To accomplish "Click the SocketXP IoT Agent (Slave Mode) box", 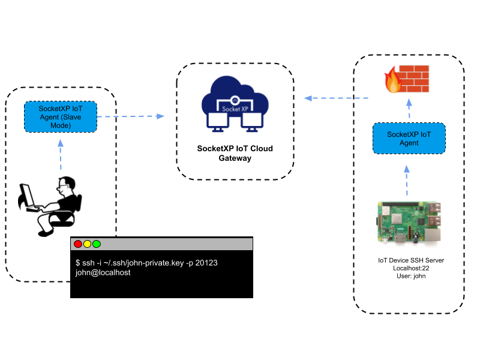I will pos(60,117).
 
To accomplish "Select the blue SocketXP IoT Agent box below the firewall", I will pos(409,139).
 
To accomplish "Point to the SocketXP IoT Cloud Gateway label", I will pos(235,154).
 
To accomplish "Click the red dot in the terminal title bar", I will pos(78,244).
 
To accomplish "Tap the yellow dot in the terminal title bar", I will pos(87,244).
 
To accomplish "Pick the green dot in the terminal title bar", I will pos(97,244).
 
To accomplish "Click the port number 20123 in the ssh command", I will pos(205,263).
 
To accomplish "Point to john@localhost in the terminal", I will pos(103,272).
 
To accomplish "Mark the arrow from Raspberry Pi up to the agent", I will pos(407,179).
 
